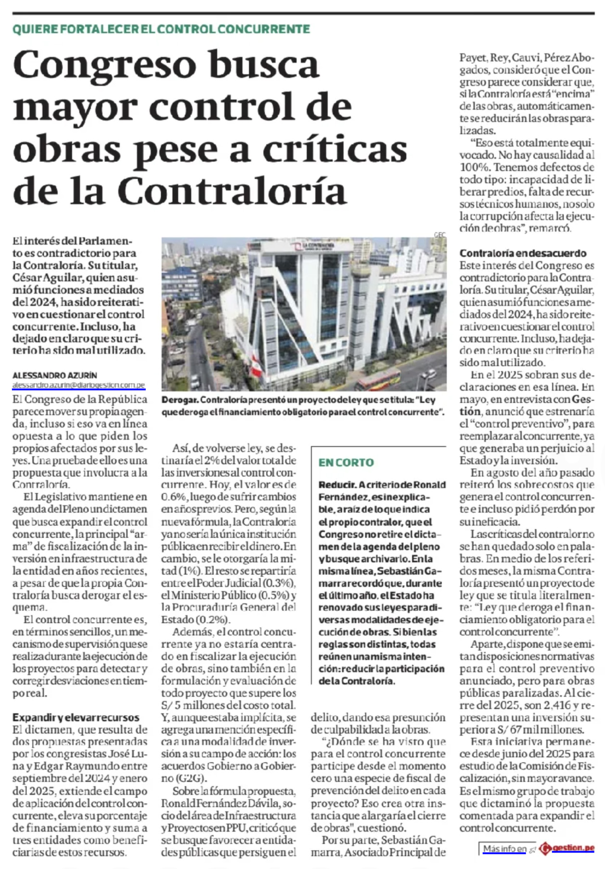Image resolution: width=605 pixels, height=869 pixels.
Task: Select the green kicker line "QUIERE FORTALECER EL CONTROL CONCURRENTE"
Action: [x=161, y=29]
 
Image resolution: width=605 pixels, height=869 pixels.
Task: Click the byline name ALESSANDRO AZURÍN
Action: [x=55, y=375]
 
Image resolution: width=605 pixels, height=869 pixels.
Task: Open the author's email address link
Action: [x=79, y=385]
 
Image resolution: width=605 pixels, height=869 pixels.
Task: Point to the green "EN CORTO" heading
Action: [x=346, y=463]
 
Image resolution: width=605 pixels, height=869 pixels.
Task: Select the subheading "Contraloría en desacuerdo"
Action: [x=523, y=253]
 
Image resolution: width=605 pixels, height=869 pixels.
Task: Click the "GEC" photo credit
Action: [x=440, y=235]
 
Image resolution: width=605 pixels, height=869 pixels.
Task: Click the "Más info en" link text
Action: [x=504, y=849]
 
